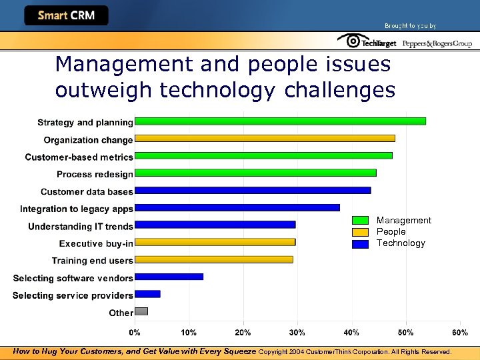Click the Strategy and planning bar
pos(280,121)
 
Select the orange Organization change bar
pos(265,139)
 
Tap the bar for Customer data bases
pos(253,191)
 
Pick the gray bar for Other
pos(141,311)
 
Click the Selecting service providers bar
pos(147,294)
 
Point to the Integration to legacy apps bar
pos(237,208)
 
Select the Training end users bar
pos(213,259)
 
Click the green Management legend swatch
pos(360,221)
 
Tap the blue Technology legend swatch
pos(360,244)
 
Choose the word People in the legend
pos(391,232)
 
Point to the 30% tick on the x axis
pos(297,332)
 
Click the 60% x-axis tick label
pos(460,332)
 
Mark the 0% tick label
pos(135,332)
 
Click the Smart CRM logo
pos(66,15)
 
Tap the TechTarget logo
pos(367,42)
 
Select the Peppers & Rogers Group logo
pos(437,43)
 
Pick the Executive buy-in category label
pos(96,243)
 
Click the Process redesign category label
pos(95,174)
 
